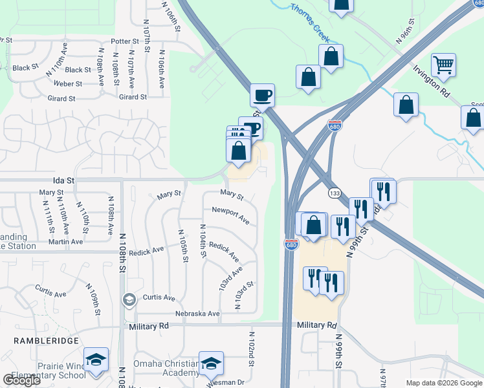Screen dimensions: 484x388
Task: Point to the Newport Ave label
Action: coord(230,215)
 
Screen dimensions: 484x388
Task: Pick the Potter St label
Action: coord(121,41)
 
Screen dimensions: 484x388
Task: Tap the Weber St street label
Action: coord(68,83)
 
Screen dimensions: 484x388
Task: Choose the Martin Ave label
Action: coord(65,242)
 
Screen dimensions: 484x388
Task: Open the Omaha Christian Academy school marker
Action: coord(211,364)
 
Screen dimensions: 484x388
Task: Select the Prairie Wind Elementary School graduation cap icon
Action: coord(96,360)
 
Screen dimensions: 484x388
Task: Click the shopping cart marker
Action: coord(444,65)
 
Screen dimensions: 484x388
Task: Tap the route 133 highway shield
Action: coord(335,193)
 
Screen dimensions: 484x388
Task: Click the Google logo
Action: coord(21,380)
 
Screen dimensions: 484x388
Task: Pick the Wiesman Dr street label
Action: coord(226,383)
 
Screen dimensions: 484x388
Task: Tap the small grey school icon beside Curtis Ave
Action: coord(129,299)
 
